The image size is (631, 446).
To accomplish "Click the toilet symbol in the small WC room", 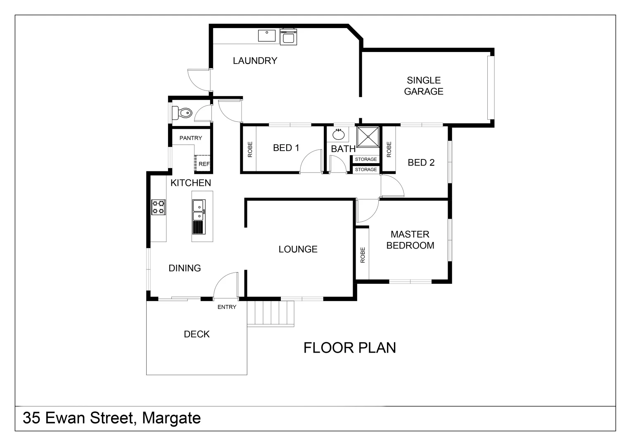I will pyautogui.click(x=182, y=112).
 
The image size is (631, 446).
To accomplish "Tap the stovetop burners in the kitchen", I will pyautogui.click(x=159, y=207).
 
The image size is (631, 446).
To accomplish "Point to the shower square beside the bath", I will pyautogui.click(x=368, y=137).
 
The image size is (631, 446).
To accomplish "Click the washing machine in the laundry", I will pyautogui.click(x=288, y=37).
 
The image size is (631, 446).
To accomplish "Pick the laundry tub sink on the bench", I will pyautogui.click(x=267, y=36).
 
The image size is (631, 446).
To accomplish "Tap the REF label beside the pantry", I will pyautogui.click(x=204, y=164).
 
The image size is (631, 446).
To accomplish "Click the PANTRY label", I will pyautogui.click(x=191, y=138).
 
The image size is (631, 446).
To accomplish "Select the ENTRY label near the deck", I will pyautogui.click(x=227, y=307).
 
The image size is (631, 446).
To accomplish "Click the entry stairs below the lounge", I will pyautogui.click(x=270, y=313).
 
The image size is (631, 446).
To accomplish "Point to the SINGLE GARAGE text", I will pyautogui.click(x=424, y=86).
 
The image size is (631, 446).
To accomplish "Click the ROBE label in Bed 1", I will pyautogui.click(x=250, y=149).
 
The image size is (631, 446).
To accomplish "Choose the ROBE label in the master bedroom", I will pyautogui.click(x=363, y=255).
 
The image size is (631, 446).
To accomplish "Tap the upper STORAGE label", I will pyautogui.click(x=366, y=159).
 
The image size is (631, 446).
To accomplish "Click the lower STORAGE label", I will pyautogui.click(x=366, y=170).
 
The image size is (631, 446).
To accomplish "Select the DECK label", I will pyautogui.click(x=197, y=334).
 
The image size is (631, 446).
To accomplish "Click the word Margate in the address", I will pyautogui.click(x=171, y=418).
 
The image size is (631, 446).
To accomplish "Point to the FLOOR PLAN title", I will pyautogui.click(x=349, y=348).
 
